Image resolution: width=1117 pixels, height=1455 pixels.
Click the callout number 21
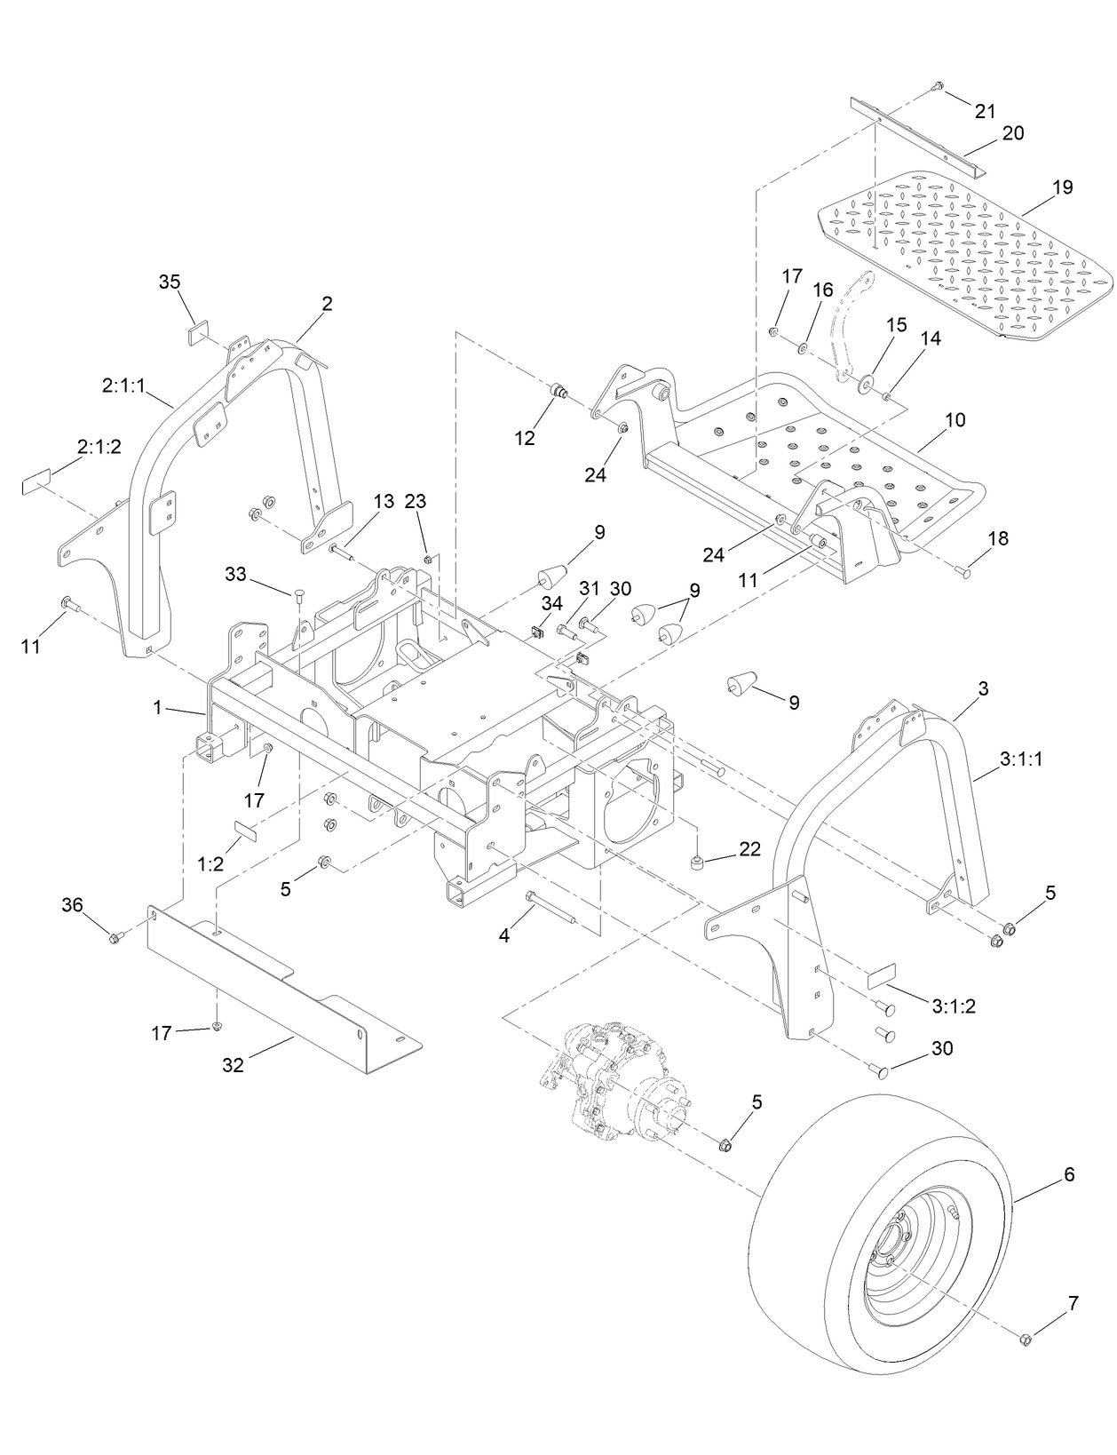click(x=985, y=111)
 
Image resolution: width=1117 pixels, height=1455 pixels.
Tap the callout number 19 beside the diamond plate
click(x=1062, y=187)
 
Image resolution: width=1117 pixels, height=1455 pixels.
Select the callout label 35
click(x=169, y=282)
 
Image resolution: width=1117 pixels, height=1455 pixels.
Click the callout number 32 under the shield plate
click(x=233, y=1065)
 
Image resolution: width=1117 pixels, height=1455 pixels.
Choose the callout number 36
click(x=72, y=905)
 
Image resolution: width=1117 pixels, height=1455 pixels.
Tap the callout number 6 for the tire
click(x=1068, y=1174)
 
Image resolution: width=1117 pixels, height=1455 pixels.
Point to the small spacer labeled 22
click(x=699, y=862)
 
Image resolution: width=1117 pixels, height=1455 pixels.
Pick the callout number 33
click(x=235, y=575)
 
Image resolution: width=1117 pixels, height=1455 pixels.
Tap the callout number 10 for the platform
click(x=955, y=419)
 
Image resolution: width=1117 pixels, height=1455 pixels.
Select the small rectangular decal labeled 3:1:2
click(x=882, y=975)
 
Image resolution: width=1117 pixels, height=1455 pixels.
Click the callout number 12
click(x=525, y=438)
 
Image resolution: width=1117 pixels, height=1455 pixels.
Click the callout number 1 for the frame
click(x=157, y=708)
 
